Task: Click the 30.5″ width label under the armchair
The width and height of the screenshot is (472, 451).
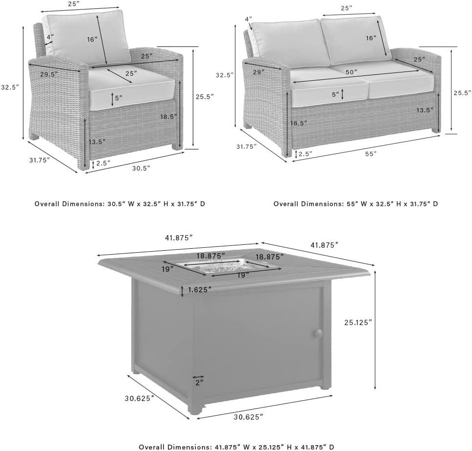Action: pos(141,168)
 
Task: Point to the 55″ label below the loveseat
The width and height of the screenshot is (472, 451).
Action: pos(371,154)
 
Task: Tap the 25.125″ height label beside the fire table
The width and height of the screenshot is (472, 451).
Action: pos(358,322)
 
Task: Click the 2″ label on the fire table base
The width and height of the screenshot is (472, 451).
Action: pos(199,381)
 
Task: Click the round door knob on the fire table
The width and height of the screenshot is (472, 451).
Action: pos(318,333)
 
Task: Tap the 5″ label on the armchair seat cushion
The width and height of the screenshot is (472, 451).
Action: pos(118,97)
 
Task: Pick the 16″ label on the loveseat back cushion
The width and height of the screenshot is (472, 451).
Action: pos(371,38)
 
